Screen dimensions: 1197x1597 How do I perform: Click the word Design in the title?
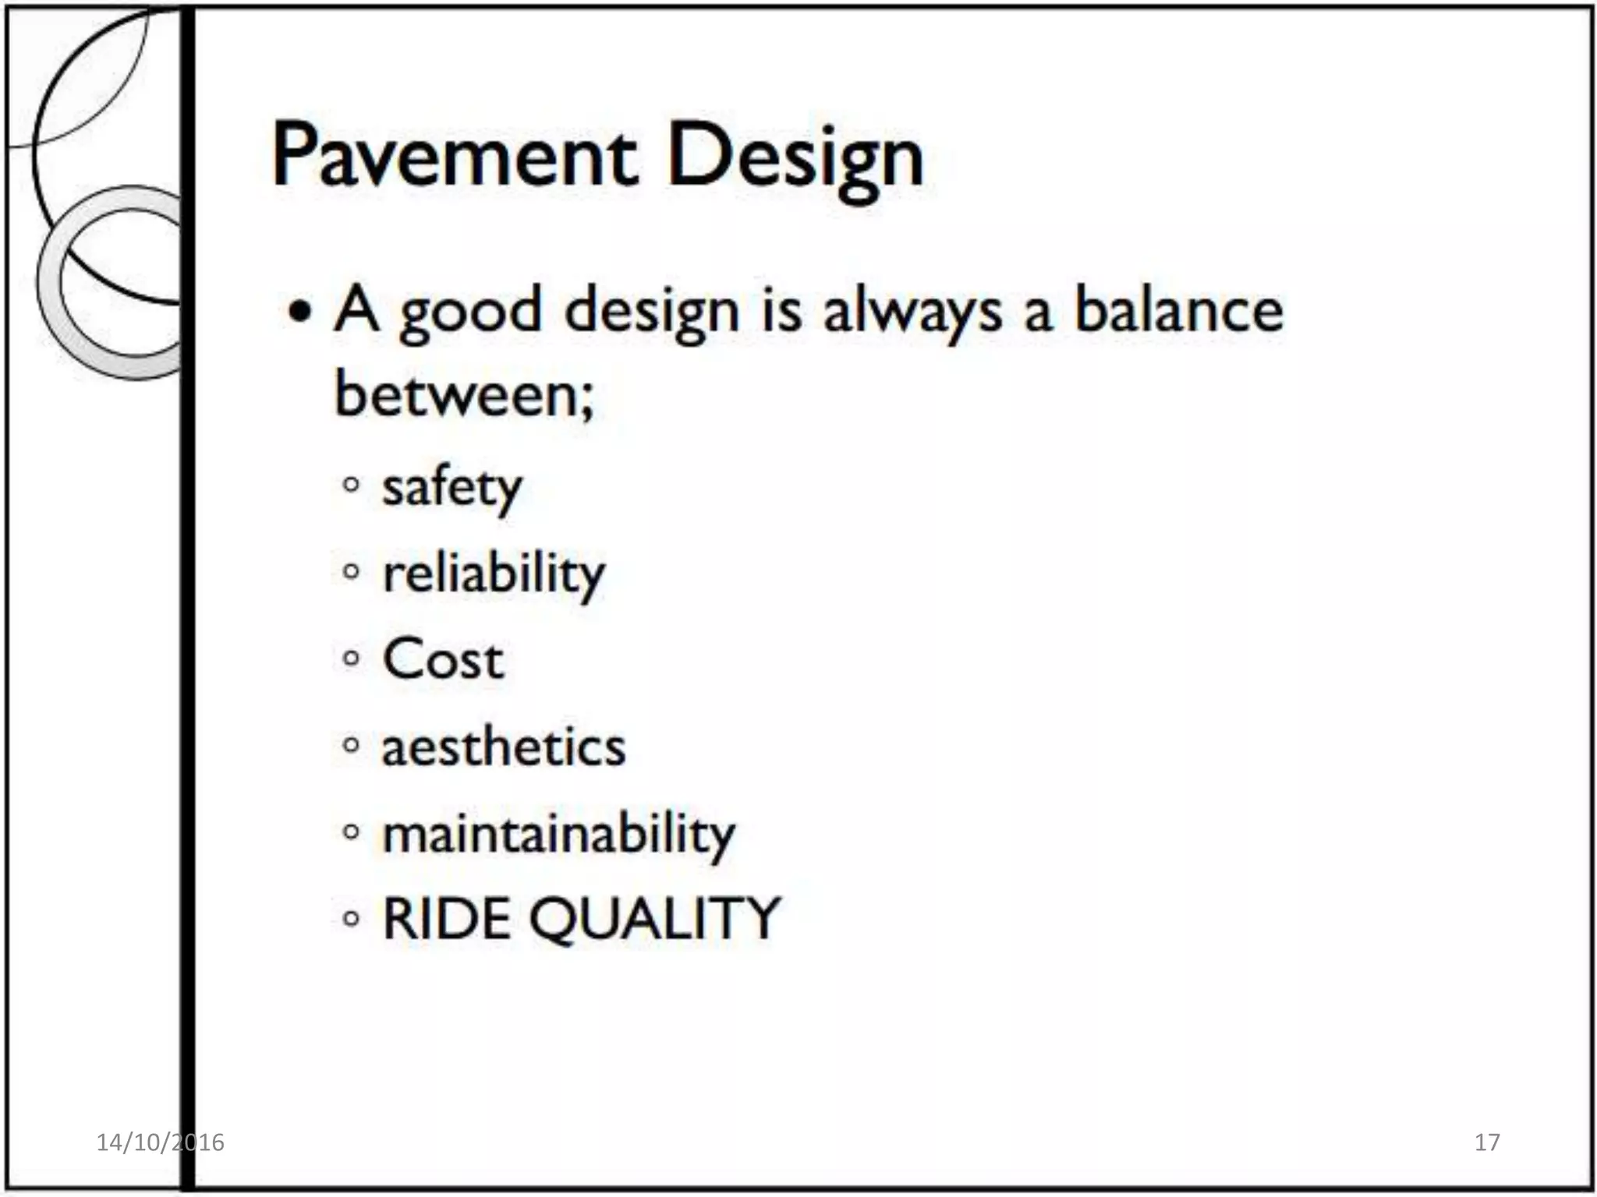click(x=795, y=160)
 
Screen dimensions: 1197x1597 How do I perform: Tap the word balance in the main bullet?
click(x=1178, y=310)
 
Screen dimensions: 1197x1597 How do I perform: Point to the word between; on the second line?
click(x=465, y=394)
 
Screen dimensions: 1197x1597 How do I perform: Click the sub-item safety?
click(x=451, y=489)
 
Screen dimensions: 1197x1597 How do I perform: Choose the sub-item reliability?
click(x=494, y=575)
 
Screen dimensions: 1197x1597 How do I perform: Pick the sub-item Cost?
click(x=443, y=660)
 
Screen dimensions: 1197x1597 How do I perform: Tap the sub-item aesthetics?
click(x=503, y=747)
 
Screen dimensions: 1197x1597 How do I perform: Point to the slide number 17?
click(x=1487, y=1142)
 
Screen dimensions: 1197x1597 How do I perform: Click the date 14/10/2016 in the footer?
click(x=160, y=1142)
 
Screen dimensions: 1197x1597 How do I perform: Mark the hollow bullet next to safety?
click(x=352, y=486)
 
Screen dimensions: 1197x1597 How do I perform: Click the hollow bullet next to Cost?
click(x=352, y=659)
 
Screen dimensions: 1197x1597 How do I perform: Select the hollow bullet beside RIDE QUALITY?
click(x=352, y=919)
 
